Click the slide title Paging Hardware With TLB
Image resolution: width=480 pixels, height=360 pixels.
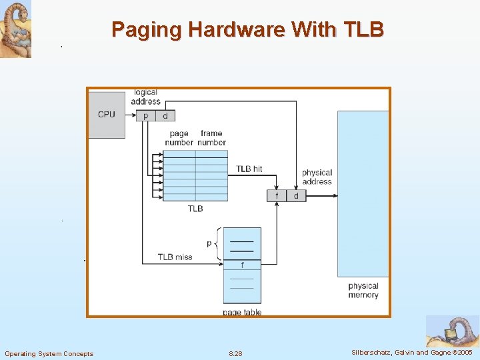247,29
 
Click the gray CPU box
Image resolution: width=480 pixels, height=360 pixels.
107,115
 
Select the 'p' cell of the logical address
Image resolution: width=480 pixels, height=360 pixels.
145,116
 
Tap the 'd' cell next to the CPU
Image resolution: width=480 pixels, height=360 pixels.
165,116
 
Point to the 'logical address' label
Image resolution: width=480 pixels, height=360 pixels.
145,97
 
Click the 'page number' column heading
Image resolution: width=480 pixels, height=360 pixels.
179,138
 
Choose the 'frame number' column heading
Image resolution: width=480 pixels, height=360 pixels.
211,138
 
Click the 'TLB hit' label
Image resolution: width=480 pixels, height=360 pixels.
249,169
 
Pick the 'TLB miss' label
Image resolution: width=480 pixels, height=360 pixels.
175,257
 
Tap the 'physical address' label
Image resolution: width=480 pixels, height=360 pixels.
317,177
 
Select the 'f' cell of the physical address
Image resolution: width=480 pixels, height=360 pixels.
277,195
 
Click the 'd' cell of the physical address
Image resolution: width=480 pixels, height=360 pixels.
296,195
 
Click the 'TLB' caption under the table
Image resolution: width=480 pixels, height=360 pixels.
195,209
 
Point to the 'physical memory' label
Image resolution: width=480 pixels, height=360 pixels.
363,290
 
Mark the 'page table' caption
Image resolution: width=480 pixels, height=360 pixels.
242,312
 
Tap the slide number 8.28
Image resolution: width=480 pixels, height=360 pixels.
235,353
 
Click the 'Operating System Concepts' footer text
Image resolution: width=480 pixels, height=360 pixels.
49,353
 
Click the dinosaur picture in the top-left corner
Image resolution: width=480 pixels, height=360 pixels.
15,29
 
